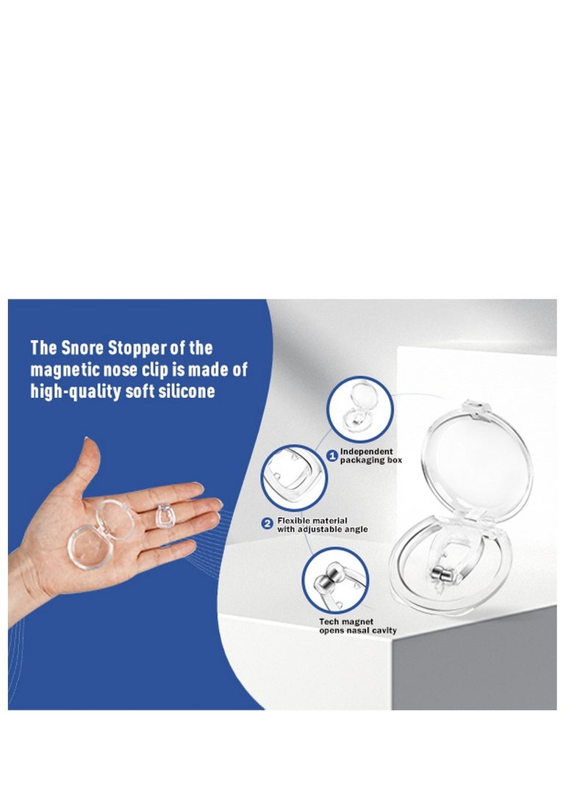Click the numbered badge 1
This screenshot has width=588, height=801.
point(331,457)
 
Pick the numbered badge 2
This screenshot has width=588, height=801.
point(267,523)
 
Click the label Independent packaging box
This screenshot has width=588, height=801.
point(366,455)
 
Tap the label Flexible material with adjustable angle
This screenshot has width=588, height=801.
point(323,524)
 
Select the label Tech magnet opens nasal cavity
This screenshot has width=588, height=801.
point(356,626)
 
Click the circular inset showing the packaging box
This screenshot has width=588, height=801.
point(360,408)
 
